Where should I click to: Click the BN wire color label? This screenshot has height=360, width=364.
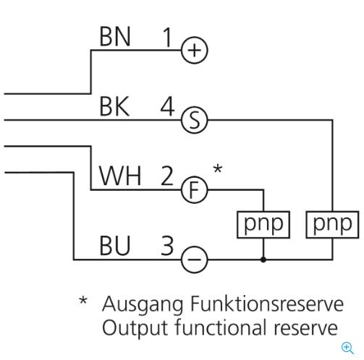[x=115, y=37]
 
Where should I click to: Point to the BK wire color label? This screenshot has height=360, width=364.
[x=114, y=106]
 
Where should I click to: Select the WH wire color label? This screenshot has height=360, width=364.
[x=120, y=176]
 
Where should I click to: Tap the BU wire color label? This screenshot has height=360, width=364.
[x=115, y=246]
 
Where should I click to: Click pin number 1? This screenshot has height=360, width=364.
[x=167, y=37]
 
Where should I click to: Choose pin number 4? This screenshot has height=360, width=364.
[x=167, y=106]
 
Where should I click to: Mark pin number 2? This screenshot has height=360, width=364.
[x=167, y=176]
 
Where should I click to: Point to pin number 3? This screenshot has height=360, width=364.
[x=167, y=246]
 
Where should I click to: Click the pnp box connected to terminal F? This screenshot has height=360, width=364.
[x=263, y=225]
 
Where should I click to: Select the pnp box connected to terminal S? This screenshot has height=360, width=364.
[x=332, y=225]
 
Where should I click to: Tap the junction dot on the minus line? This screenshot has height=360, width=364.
[x=263, y=260]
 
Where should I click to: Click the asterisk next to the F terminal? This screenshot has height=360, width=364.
[x=218, y=168]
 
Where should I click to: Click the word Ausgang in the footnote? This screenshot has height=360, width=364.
[x=143, y=304]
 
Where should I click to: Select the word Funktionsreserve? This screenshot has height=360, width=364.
[x=267, y=304]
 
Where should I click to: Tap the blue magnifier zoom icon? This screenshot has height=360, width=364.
[x=347, y=348]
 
